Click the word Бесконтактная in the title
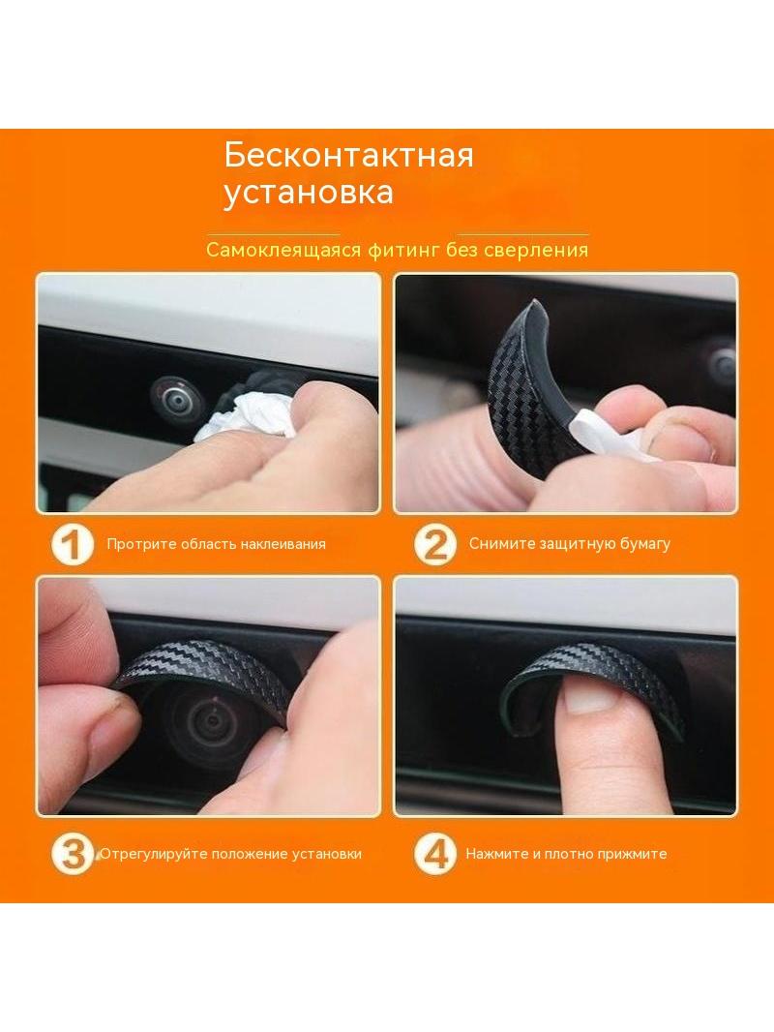click(348, 155)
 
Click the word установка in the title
click(309, 193)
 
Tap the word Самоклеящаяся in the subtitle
click(283, 250)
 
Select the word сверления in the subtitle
click(536, 250)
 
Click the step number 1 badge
click(73, 545)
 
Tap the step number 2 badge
click(434, 545)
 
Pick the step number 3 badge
click(73, 854)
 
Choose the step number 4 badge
click(434, 854)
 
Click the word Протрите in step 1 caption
click(141, 544)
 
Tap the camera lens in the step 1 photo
click(173, 397)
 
